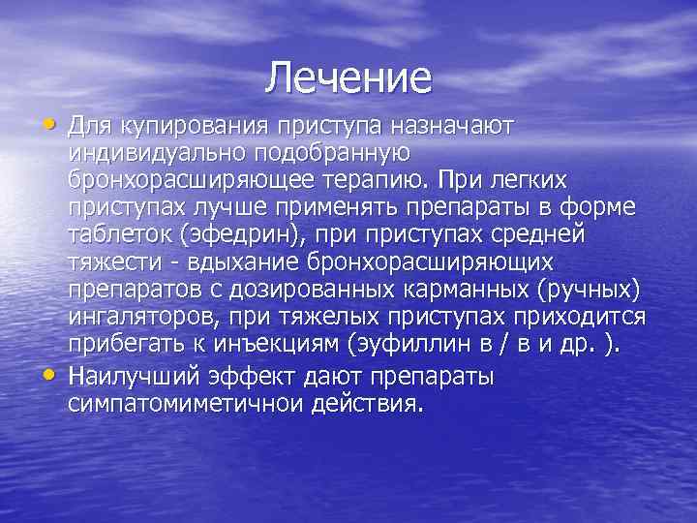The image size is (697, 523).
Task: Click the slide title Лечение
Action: tap(348, 78)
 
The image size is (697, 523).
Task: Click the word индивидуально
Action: tap(155, 153)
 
